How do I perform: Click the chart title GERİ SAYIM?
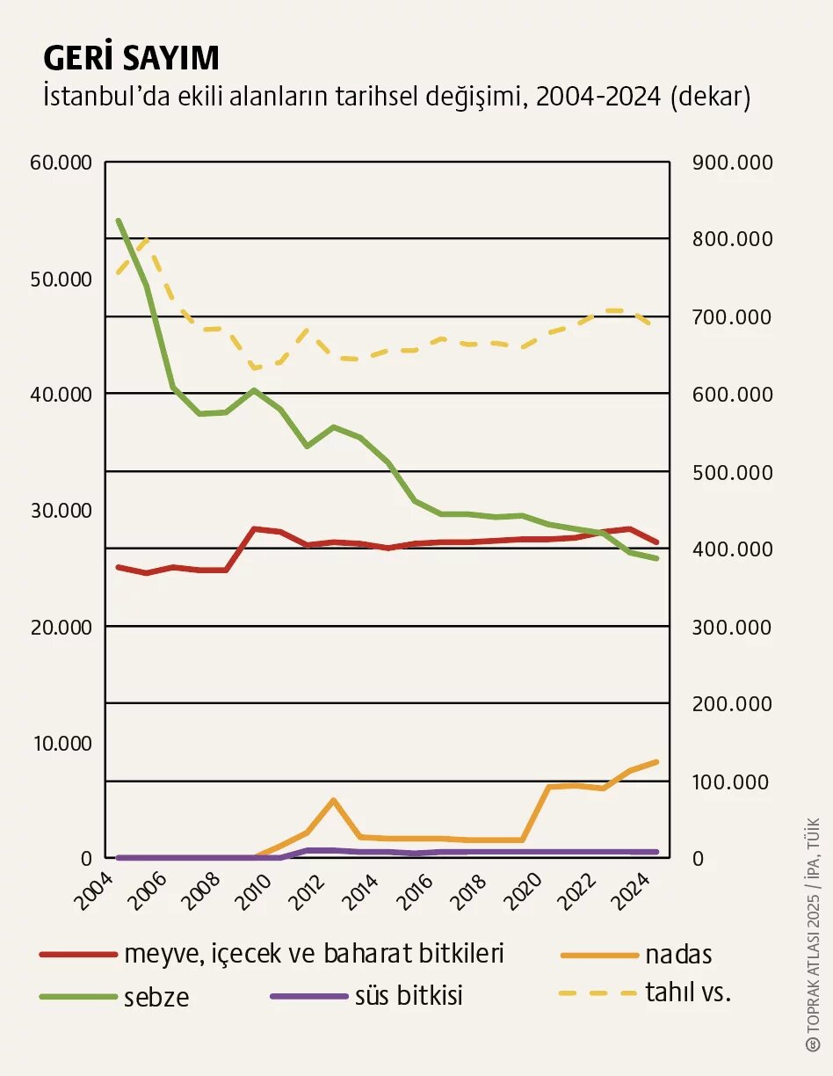[x=131, y=58]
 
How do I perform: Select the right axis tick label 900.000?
[x=732, y=163]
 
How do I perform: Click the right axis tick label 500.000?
[x=732, y=473]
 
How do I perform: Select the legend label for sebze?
[x=156, y=998]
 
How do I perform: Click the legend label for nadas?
[x=677, y=954]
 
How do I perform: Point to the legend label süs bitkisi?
[x=409, y=996]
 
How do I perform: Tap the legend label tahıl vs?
[x=688, y=992]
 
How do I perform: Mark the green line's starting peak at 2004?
[x=119, y=221]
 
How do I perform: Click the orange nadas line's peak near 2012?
[x=334, y=800]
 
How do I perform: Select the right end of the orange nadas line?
[x=656, y=761]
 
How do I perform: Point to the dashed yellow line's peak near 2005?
[x=146, y=239]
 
